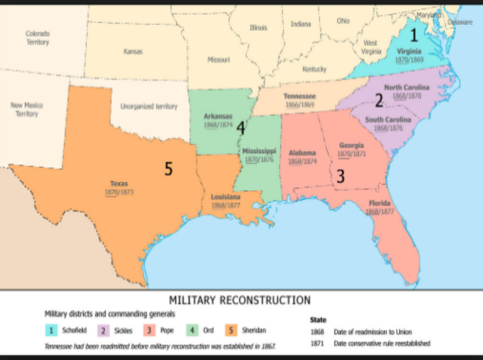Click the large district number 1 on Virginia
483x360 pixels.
coord(413,35)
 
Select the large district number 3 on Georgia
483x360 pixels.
coord(340,176)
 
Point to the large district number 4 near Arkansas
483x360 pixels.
coord(240,128)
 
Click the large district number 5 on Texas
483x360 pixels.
coord(168,169)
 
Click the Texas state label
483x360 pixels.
coord(119,183)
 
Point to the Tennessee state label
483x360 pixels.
coord(299,97)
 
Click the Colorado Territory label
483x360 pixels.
coord(37,38)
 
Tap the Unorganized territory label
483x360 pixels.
coord(149,107)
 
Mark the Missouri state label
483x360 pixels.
coord(218,59)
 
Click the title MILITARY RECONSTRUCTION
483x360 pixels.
coord(239,300)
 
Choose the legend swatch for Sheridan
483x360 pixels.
coord(231,330)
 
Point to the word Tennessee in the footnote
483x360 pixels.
coord(61,345)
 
